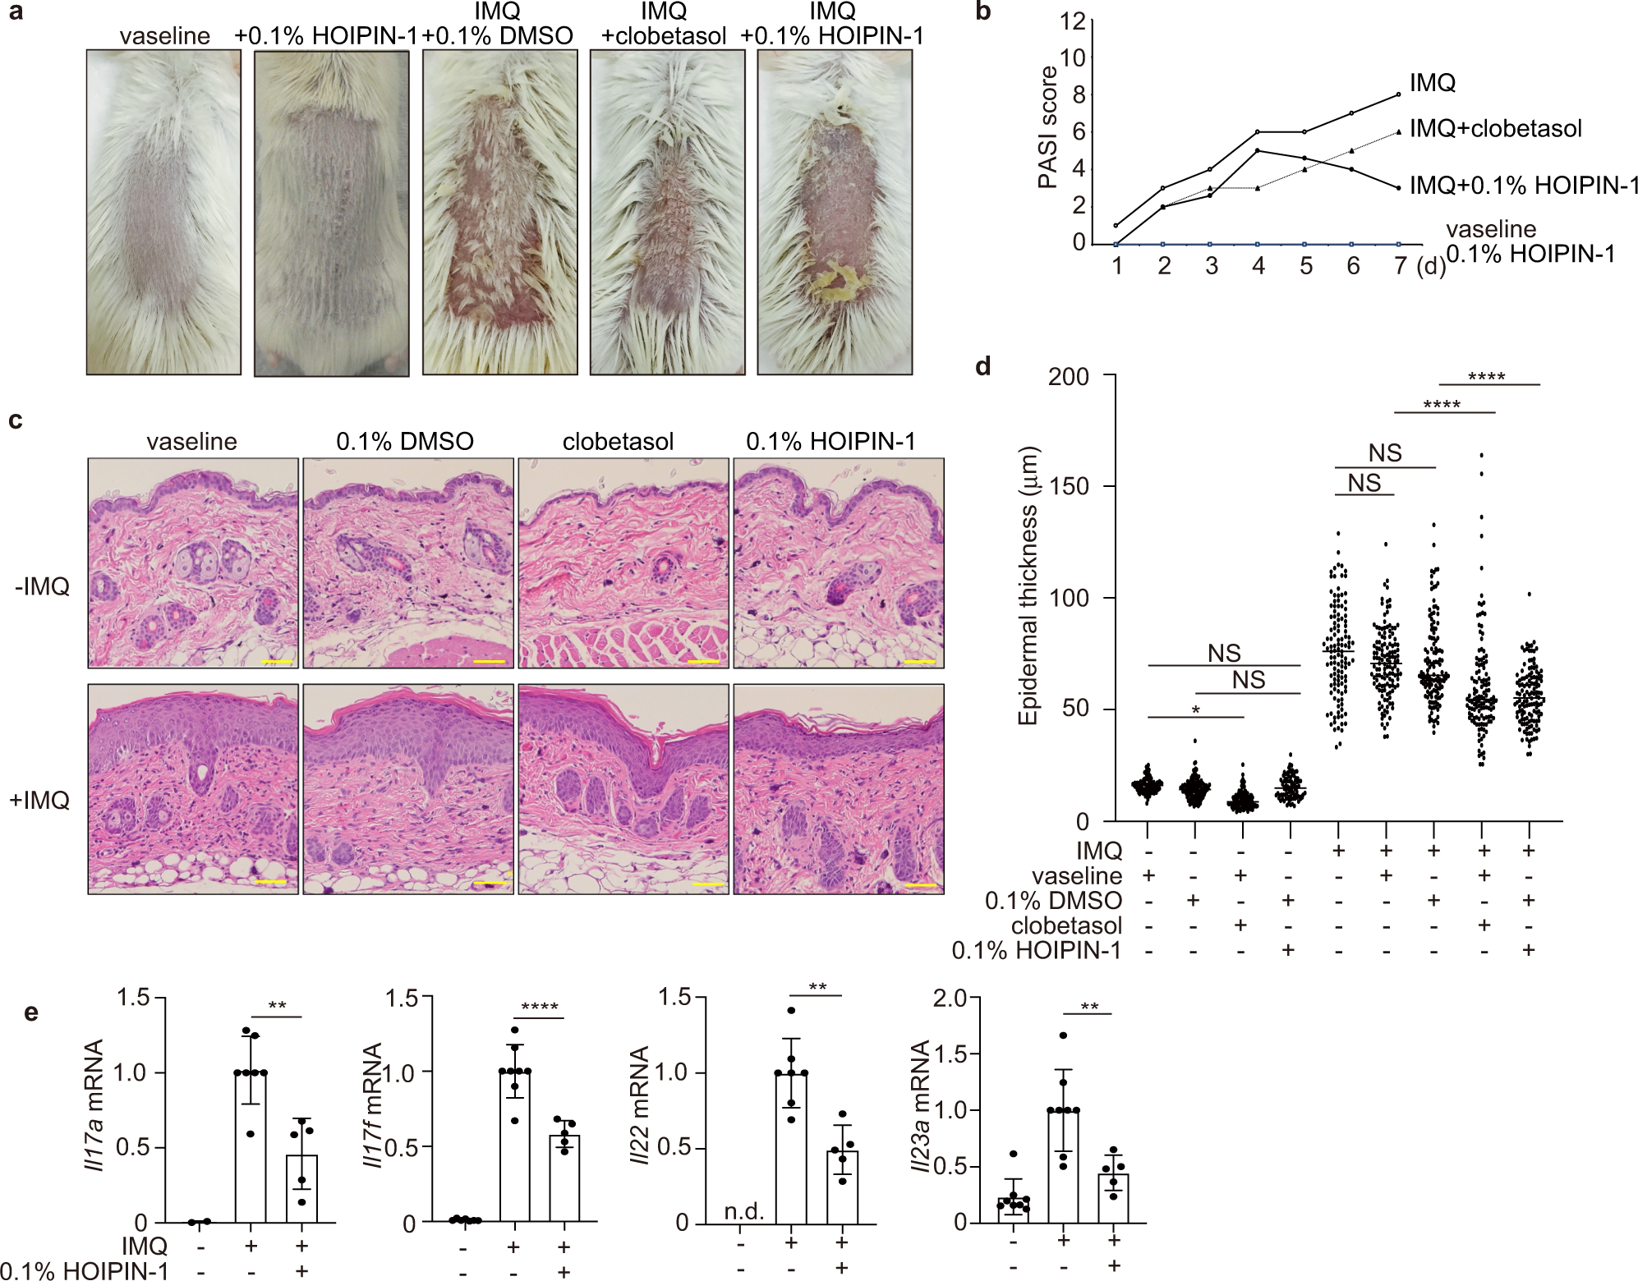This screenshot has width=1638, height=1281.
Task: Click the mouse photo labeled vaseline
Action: tap(163, 212)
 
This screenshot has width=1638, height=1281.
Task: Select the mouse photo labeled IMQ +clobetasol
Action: tap(667, 212)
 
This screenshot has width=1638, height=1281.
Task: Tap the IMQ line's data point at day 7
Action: tap(1399, 94)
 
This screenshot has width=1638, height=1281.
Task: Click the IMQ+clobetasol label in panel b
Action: tap(1495, 129)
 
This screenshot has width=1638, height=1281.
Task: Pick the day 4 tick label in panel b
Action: tap(1258, 267)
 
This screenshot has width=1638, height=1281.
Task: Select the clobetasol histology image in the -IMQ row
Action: tap(622, 563)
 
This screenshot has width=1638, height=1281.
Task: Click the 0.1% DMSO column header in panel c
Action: tap(405, 442)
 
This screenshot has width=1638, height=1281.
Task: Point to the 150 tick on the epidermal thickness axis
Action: tap(1071, 486)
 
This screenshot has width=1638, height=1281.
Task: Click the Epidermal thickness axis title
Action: tap(1028, 585)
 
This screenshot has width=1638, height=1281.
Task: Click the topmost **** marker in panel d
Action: tap(1486, 377)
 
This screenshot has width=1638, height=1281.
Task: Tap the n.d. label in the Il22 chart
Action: tap(744, 1211)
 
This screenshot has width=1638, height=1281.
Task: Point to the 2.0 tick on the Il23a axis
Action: tap(953, 998)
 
